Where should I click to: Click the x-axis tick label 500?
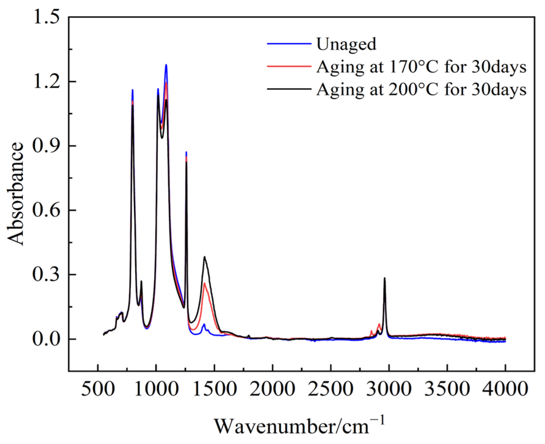tap(98, 389)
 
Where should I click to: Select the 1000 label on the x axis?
tap(156, 389)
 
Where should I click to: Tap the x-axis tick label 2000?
tap(273, 389)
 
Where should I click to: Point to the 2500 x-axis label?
tap(331, 389)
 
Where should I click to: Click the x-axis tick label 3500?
tap(447, 389)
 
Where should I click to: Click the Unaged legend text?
tap(346, 44)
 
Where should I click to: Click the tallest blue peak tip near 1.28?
tap(166, 65)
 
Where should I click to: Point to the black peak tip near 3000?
tap(384, 278)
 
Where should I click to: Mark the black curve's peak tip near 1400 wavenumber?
tap(204, 257)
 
